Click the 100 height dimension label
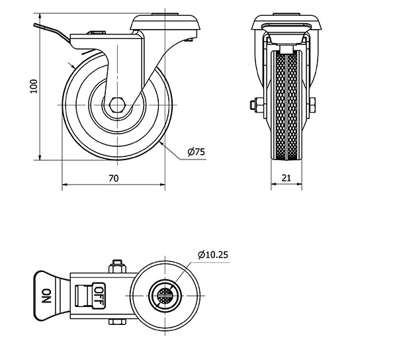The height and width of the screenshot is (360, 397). pyautogui.click(x=34, y=86)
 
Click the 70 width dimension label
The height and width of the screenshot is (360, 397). pyautogui.click(x=114, y=179)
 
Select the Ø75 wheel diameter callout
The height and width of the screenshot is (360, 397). pyautogui.click(x=197, y=152)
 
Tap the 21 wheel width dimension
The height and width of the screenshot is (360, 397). pyautogui.click(x=287, y=178)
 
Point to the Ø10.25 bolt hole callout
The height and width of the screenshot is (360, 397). pyautogui.click(x=213, y=255)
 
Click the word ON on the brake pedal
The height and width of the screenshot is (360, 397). pyautogui.click(x=46, y=296)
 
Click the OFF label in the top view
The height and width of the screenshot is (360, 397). pyautogui.click(x=99, y=296)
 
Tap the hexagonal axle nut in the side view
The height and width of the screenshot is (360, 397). pyautogui.click(x=117, y=105)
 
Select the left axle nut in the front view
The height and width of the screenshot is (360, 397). pyautogui.click(x=256, y=105)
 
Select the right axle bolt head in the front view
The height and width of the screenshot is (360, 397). pyautogui.click(x=312, y=105)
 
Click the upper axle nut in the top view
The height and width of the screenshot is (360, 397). pyautogui.click(x=117, y=267)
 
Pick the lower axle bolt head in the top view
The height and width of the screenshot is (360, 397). pyautogui.click(x=117, y=322)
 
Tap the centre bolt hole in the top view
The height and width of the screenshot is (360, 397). pyautogui.click(x=165, y=295)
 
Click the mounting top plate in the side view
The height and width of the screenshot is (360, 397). pyautogui.click(x=165, y=22)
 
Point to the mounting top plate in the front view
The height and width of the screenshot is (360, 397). pyautogui.click(x=287, y=22)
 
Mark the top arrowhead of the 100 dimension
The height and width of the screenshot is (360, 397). pyautogui.click(x=40, y=16)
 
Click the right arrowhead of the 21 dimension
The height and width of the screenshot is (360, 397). pyautogui.click(x=300, y=184)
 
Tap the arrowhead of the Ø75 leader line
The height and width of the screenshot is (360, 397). pyautogui.click(x=162, y=144)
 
